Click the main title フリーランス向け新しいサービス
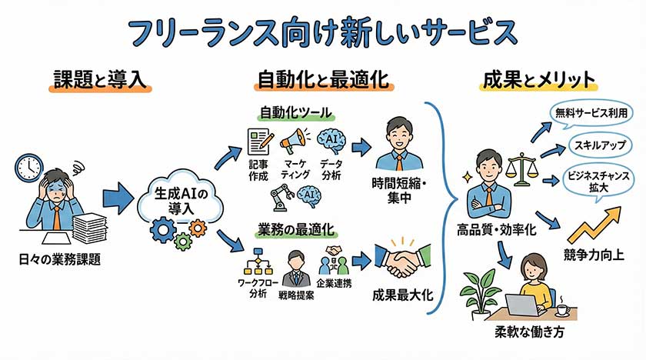pos(322,32)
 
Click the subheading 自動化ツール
pos(294,112)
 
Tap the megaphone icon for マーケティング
pos(293,141)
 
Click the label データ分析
pos(331,170)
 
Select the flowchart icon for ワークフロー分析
pos(254,263)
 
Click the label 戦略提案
pos(295,295)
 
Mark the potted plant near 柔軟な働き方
pos(480,292)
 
